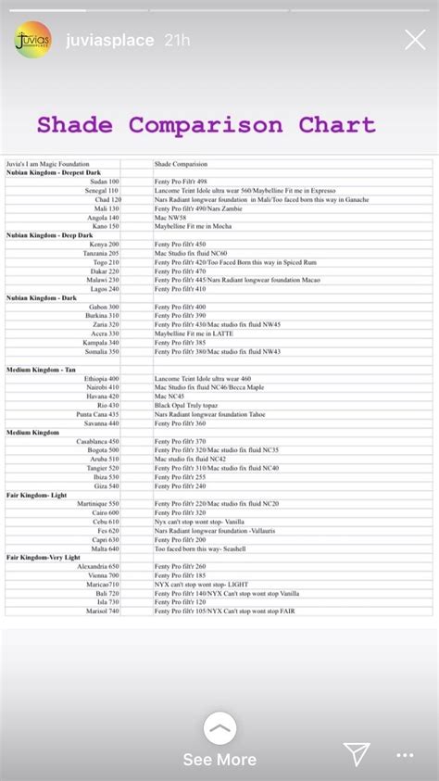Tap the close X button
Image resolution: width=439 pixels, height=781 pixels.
(x=415, y=40)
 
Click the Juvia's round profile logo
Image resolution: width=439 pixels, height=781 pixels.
(x=33, y=40)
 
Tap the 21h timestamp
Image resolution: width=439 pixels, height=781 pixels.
(x=177, y=41)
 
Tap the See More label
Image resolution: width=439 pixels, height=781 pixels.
(x=219, y=760)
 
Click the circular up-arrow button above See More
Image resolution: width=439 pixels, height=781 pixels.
(x=219, y=728)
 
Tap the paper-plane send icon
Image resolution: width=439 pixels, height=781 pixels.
(x=357, y=753)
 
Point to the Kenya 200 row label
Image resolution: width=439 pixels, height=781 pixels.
(x=103, y=245)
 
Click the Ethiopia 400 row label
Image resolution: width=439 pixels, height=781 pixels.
(x=101, y=379)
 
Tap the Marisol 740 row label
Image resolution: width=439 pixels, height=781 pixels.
(x=101, y=611)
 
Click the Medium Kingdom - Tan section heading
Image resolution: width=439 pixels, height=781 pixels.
(x=42, y=370)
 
